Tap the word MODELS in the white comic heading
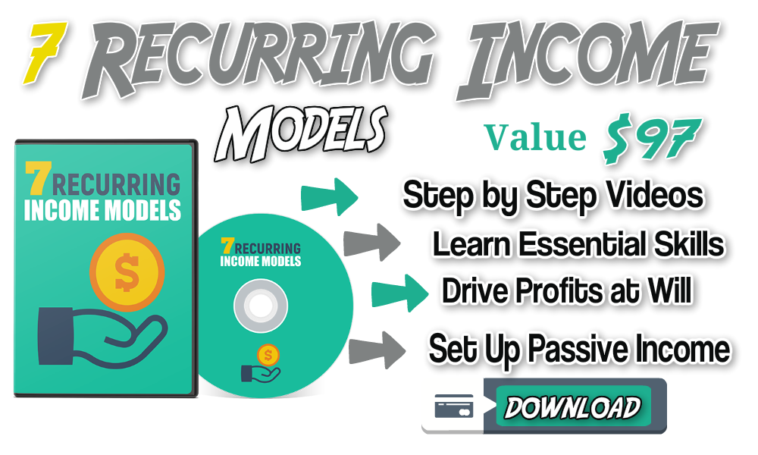(x=300, y=133)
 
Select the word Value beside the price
(x=535, y=137)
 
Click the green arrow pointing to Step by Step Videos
(x=330, y=197)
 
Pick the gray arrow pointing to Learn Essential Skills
(x=371, y=242)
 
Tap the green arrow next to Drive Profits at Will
(x=399, y=293)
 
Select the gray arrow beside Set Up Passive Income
(x=377, y=350)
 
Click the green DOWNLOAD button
(x=573, y=406)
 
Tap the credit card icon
(x=454, y=406)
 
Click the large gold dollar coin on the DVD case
(x=127, y=271)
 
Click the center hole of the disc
(x=261, y=306)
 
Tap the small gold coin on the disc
(x=268, y=356)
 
